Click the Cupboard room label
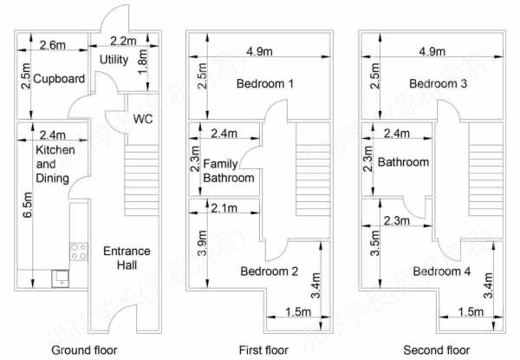(x=59, y=79)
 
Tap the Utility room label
(x=114, y=59)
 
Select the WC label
(x=143, y=119)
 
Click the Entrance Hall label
(x=127, y=258)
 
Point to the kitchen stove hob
(x=79, y=252)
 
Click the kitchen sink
(x=61, y=278)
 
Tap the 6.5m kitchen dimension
(x=28, y=205)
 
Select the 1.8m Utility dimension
(x=142, y=62)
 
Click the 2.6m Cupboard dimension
(x=52, y=45)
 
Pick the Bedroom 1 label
(x=265, y=83)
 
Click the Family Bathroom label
(x=229, y=171)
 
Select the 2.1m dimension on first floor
(x=224, y=208)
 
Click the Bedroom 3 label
(x=438, y=83)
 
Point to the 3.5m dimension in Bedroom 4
(x=374, y=243)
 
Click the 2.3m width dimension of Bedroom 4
(x=396, y=220)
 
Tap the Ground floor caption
(x=84, y=350)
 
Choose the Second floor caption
(x=437, y=350)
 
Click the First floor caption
(x=263, y=350)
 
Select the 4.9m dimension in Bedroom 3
(x=432, y=51)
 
